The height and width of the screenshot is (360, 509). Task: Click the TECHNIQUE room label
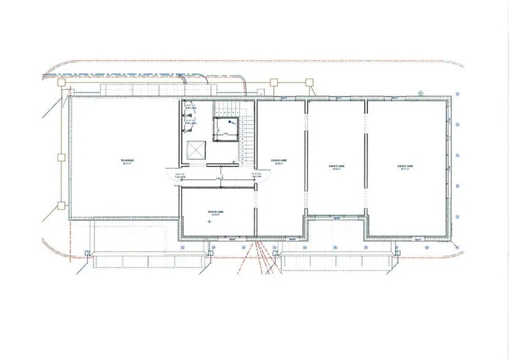click(127, 160)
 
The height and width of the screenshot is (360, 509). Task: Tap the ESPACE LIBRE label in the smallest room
click(216, 211)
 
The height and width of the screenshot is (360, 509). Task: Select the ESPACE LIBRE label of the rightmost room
click(404, 166)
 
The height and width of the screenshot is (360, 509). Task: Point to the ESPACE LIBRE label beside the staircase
click(279, 160)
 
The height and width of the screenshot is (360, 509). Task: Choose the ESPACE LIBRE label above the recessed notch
click(336, 166)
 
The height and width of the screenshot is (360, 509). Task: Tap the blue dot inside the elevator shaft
click(224, 122)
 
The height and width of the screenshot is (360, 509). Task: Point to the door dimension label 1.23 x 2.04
click(180, 177)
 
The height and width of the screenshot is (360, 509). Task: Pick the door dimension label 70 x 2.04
click(257, 177)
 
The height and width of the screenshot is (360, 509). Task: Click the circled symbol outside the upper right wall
click(421, 92)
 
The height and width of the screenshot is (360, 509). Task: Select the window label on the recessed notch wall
click(336, 218)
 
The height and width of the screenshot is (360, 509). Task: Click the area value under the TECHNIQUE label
click(127, 165)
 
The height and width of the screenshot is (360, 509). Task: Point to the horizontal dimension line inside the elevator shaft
click(225, 133)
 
